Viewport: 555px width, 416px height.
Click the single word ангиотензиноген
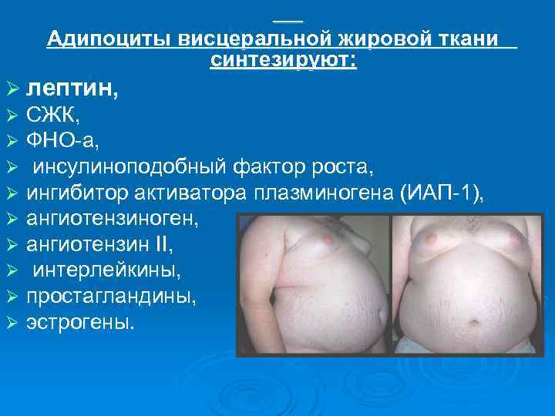113,219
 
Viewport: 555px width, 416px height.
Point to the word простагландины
100,296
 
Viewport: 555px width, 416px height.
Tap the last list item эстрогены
80,321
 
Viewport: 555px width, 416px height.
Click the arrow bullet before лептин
11,91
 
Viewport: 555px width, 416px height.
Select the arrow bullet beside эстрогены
11,322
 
